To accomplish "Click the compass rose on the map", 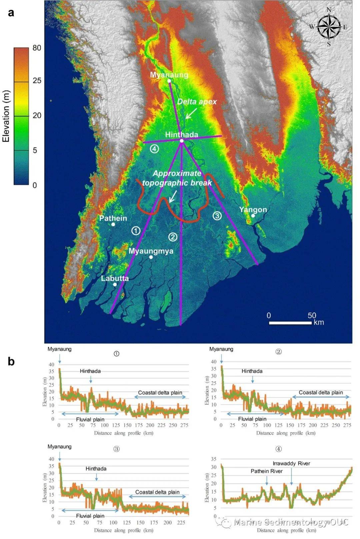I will coord(329,27).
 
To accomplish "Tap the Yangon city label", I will coord(253,210).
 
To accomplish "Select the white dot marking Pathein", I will coord(113,224).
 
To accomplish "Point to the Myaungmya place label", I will coord(151,251).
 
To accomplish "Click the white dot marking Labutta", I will coord(115,284).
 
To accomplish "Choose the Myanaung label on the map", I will coord(169,75).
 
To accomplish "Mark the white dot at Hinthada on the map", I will coord(182,141).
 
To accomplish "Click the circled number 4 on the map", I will coord(154,149).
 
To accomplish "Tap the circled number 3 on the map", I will coord(217,216).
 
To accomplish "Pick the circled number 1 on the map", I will coord(136,230).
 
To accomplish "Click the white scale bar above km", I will coord(290,323).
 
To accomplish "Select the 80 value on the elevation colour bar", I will coord(37,48).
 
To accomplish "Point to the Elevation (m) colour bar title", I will coord(6,116).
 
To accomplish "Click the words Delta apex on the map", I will coord(197,102).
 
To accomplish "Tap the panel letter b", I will coord(11,361).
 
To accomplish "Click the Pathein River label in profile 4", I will coord(266,471).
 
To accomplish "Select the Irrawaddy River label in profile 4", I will coord(291,463).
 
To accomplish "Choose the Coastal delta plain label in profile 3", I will coord(157,492).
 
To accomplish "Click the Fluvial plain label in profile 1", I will coord(90,419).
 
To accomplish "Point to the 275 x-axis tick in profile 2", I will coord(347,425).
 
